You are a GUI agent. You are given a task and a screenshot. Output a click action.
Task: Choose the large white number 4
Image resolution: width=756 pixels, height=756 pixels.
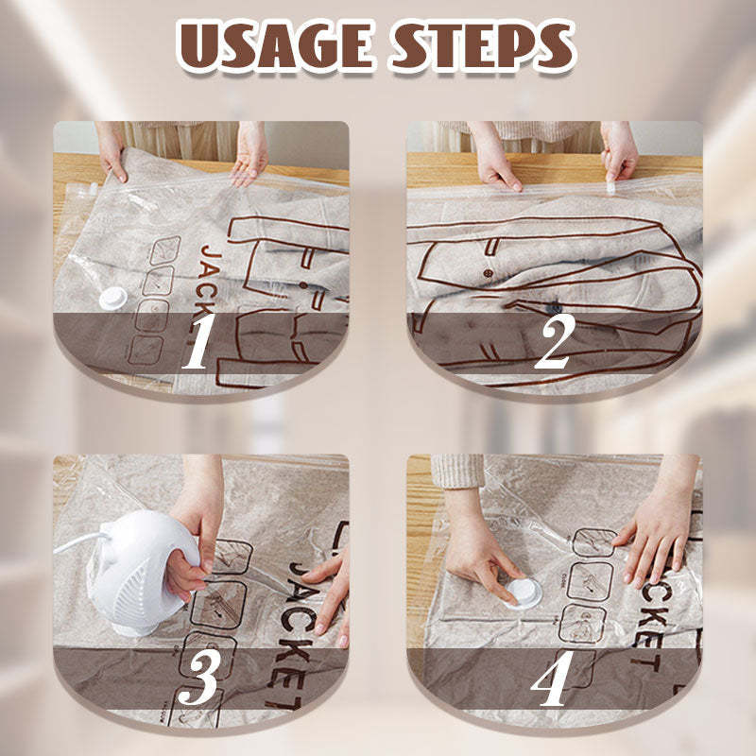(x=554, y=679)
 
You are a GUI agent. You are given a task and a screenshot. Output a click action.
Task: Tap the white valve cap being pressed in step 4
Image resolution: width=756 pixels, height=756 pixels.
(x=523, y=593)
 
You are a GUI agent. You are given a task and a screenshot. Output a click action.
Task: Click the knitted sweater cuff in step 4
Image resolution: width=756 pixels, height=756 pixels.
(x=457, y=471)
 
